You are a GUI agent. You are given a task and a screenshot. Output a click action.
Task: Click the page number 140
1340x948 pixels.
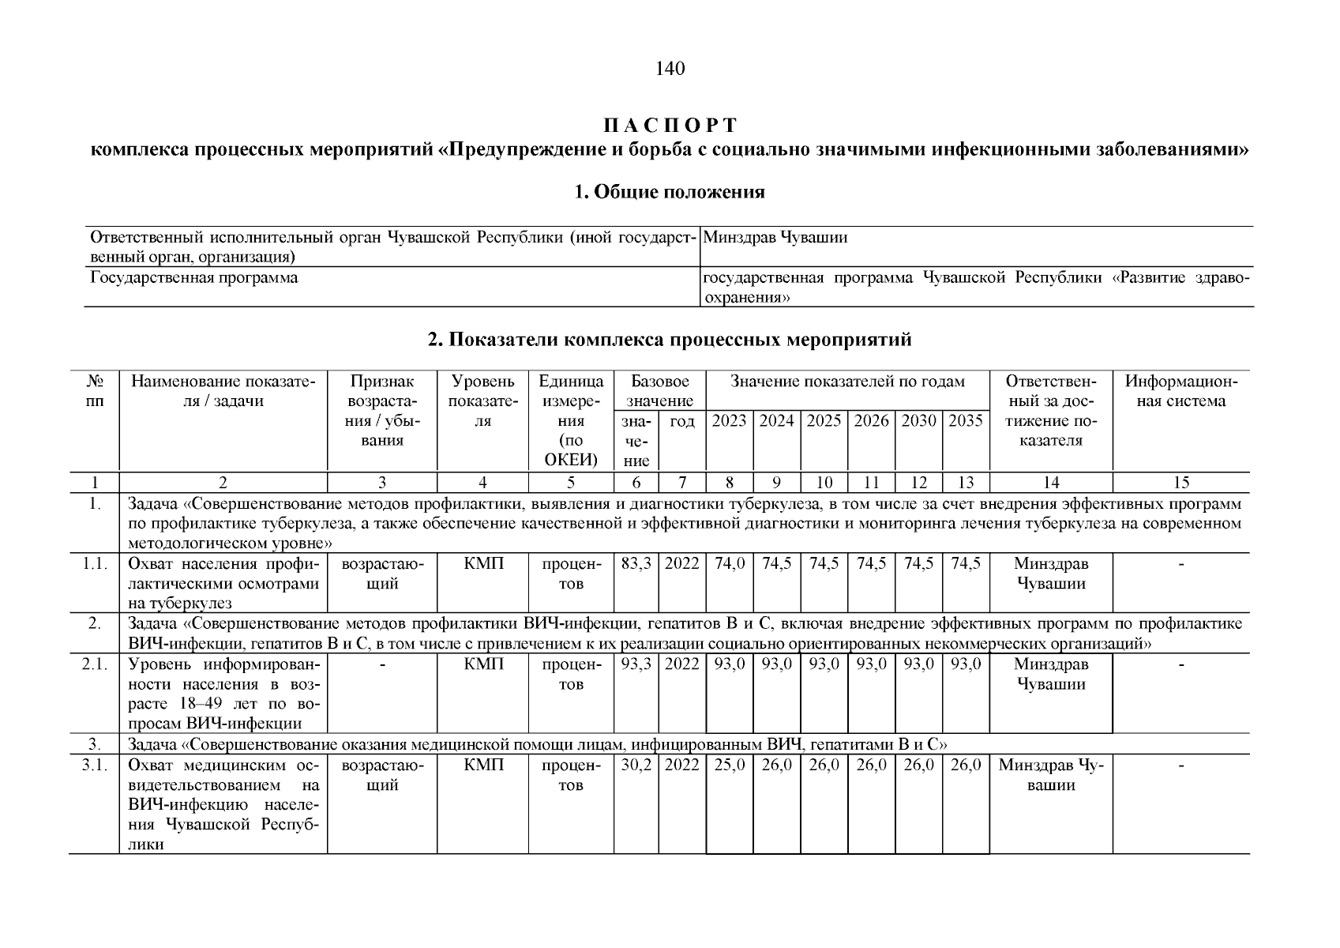[670, 70]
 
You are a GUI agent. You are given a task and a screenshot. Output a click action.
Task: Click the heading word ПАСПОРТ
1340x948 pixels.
[670, 126]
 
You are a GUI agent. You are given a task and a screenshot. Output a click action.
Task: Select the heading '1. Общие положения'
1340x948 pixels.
[670, 192]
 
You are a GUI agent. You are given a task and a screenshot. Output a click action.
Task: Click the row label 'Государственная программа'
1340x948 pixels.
[194, 278]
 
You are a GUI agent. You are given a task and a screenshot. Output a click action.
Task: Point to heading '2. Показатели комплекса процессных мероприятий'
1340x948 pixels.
[670, 340]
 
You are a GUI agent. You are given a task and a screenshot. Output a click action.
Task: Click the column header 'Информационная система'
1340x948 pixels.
[1180, 392]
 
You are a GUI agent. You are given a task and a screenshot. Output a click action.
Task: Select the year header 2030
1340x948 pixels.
[918, 422]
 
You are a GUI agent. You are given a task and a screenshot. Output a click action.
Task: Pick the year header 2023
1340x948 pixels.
[729, 422]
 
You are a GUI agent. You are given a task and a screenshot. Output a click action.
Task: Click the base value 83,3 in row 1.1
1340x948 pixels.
[636, 564]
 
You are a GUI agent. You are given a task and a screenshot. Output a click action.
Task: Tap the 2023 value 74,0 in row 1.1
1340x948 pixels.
[729, 564]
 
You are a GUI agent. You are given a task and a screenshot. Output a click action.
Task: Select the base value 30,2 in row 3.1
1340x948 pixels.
[636, 766]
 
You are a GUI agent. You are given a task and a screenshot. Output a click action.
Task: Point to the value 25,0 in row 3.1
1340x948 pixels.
[729, 766]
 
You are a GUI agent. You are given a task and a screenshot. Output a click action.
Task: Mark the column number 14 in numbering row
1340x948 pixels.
[1050, 483]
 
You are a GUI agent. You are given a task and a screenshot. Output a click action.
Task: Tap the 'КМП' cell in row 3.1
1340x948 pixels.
[483, 766]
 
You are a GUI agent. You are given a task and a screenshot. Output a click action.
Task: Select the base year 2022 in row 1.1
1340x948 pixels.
[682, 564]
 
